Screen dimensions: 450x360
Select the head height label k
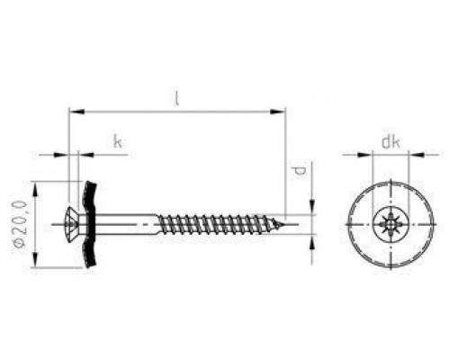[118, 141]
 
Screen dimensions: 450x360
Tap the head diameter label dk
[391, 142]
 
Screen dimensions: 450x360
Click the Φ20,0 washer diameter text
[20, 224]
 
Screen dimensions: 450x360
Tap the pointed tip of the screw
[283, 224]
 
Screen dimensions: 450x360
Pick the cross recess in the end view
[391, 224]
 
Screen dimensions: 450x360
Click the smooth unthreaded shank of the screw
[127, 224]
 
